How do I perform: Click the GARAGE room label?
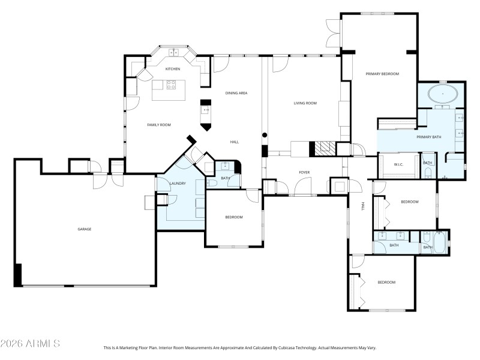point(84,229)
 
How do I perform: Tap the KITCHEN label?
point(173,70)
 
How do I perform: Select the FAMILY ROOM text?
point(159,125)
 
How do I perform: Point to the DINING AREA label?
point(236,93)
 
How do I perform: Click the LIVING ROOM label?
point(305,103)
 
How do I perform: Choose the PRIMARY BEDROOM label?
point(382,74)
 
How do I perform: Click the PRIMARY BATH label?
point(428,137)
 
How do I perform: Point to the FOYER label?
point(305,173)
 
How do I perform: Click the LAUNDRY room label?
point(178,184)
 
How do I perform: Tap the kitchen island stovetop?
point(173,85)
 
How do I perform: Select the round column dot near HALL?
point(265,135)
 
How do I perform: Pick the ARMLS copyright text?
point(30,344)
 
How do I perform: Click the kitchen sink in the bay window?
point(172,53)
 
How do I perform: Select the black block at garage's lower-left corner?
point(18,275)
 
